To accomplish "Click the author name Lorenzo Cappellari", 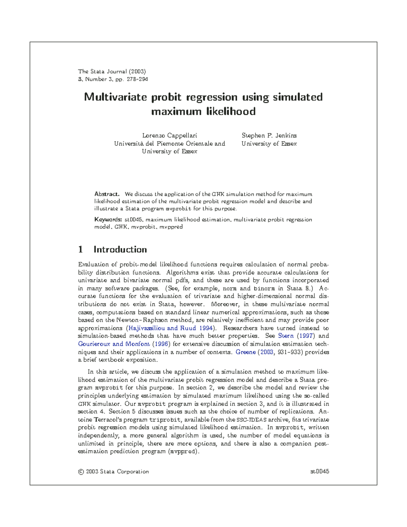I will tap(170, 135).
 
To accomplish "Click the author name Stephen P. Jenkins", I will tap(269, 135).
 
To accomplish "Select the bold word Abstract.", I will tap(106, 194).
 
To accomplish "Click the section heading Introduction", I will tap(120, 249).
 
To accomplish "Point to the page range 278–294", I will tap(137, 79).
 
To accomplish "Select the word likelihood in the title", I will tap(231, 111).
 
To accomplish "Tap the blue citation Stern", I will tap(286, 336).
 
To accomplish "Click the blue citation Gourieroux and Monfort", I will tap(114, 344).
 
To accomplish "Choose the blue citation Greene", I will tap(246, 352).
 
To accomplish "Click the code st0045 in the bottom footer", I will tap(319, 472).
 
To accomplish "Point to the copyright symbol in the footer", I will tap(81, 472).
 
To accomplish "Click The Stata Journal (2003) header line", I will tap(112, 72).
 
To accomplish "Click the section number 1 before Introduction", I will tap(80, 249).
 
